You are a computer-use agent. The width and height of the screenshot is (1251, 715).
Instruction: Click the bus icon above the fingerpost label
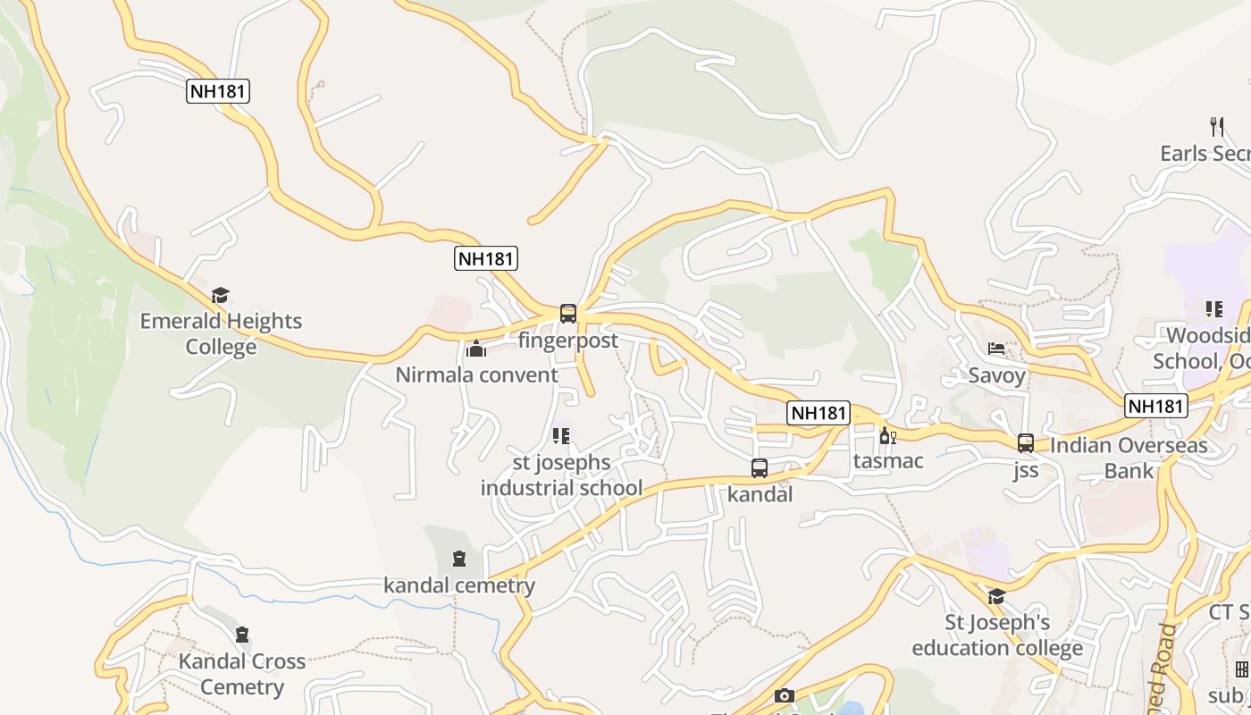(568, 314)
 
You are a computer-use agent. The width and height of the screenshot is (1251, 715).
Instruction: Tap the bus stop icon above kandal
(760, 468)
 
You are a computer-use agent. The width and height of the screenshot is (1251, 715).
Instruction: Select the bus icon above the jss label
(1026, 443)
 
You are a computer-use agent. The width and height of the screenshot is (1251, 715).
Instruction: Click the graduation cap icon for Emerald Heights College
(221, 295)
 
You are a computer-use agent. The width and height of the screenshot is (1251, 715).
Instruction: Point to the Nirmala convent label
(476, 374)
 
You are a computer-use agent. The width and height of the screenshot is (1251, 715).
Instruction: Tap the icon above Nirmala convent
(476, 349)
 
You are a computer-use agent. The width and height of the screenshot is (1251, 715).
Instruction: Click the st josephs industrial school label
(561, 475)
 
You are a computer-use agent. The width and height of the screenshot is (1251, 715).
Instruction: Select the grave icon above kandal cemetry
(459, 559)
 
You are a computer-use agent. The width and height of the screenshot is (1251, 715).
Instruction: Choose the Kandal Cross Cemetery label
(242, 674)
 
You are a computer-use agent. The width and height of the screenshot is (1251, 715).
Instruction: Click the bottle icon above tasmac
(887, 436)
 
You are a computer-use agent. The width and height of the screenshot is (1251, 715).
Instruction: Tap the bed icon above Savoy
(996, 349)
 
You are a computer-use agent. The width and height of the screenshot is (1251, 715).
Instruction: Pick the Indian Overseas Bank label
(1128, 458)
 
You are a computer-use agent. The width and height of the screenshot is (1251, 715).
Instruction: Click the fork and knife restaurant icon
(1216, 126)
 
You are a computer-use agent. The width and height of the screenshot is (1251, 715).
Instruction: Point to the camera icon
(784, 696)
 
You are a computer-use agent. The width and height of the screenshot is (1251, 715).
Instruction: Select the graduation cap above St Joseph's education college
(996, 596)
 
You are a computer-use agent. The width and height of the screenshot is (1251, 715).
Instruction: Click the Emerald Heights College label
(221, 333)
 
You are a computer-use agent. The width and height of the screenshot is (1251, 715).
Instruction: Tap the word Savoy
(996, 375)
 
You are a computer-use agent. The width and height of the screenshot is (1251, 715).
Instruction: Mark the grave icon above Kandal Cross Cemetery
(241, 635)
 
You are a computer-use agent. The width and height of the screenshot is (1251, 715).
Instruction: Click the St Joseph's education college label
(996, 635)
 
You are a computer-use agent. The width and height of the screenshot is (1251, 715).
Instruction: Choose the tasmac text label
(887, 461)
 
